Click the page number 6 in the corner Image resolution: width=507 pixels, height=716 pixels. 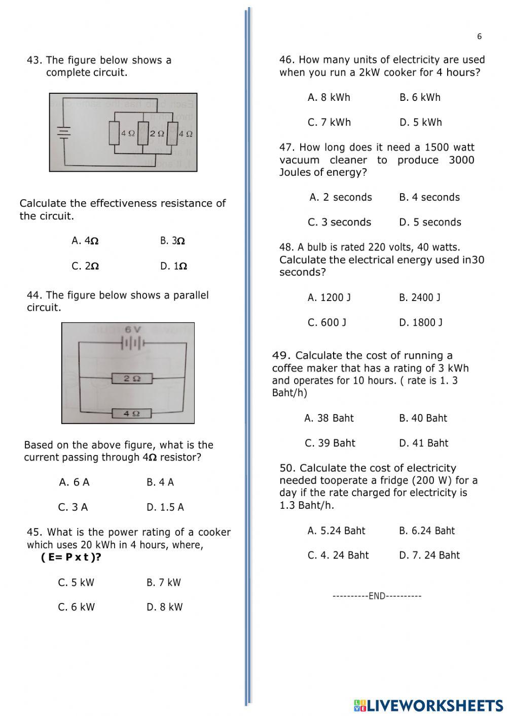pyautogui.click(x=479, y=36)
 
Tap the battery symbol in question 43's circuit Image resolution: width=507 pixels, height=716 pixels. pyautogui.click(x=63, y=132)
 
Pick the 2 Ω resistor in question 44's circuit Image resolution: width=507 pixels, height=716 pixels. pyautogui.click(x=132, y=378)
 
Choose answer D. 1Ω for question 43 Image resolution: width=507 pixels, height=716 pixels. pyautogui.click(x=173, y=266)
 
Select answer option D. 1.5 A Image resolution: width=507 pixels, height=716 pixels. pyautogui.click(x=165, y=507)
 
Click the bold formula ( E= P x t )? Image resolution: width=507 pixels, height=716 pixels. pyautogui.click(x=71, y=557)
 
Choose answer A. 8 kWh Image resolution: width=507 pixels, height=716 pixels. pyautogui.click(x=329, y=97)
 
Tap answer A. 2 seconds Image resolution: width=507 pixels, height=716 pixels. pyautogui.click(x=341, y=197)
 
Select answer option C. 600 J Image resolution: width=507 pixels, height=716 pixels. pyautogui.click(x=327, y=322)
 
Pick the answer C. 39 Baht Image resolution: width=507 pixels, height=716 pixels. pyautogui.click(x=330, y=443)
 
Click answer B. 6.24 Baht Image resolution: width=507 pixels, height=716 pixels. pyautogui.click(x=427, y=531)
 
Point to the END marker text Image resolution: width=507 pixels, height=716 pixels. pyautogui.click(x=377, y=596)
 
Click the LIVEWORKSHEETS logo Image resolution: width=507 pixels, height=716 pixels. pyautogui.click(x=428, y=705)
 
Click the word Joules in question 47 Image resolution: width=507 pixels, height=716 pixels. pyautogui.click(x=294, y=172)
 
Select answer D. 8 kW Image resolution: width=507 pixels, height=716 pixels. pyautogui.click(x=164, y=607)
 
